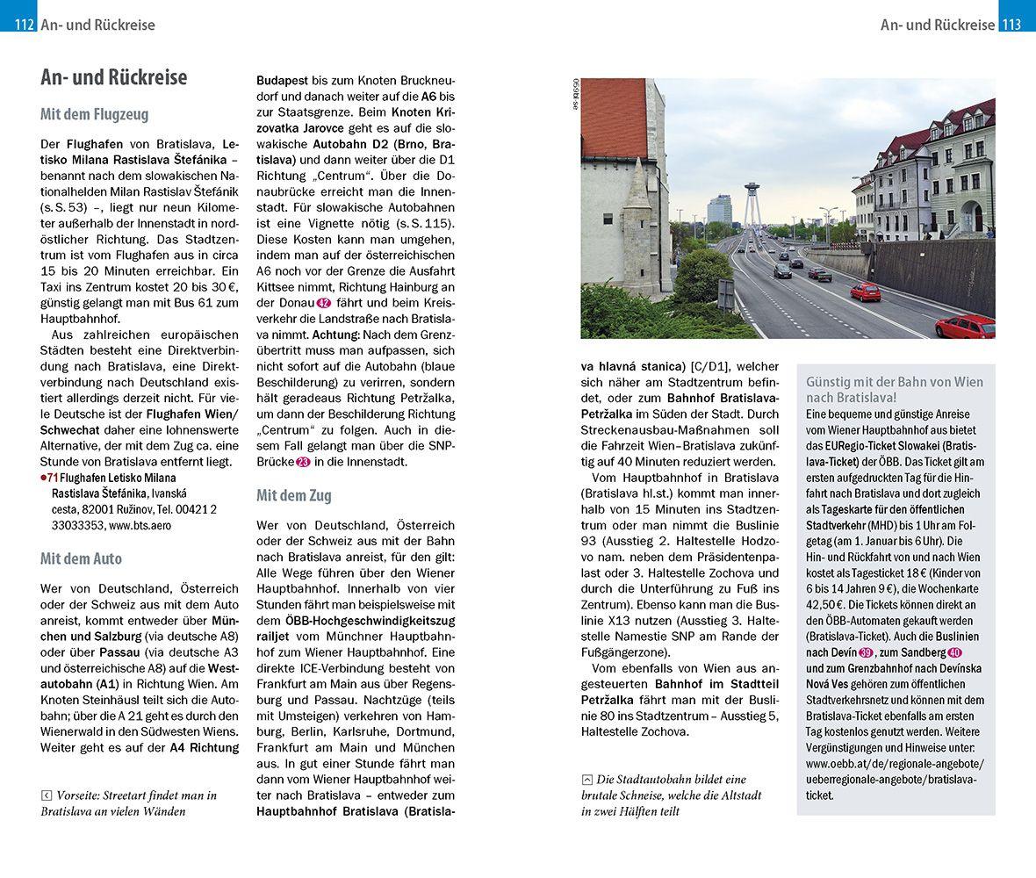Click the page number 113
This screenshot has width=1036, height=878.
click(1011, 25)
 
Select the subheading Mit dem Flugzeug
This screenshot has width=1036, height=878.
click(94, 114)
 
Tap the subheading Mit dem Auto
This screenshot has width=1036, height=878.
click(81, 558)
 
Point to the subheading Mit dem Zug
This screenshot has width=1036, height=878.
click(293, 495)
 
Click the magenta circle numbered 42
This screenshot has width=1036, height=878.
click(322, 303)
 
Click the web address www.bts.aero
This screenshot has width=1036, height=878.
click(140, 525)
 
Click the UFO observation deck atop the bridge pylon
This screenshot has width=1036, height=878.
click(752, 188)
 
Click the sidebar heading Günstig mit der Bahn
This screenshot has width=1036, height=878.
click(894, 389)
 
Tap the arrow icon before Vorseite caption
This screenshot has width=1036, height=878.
click(46, 795)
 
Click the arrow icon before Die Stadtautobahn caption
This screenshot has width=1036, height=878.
click(586, 780)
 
